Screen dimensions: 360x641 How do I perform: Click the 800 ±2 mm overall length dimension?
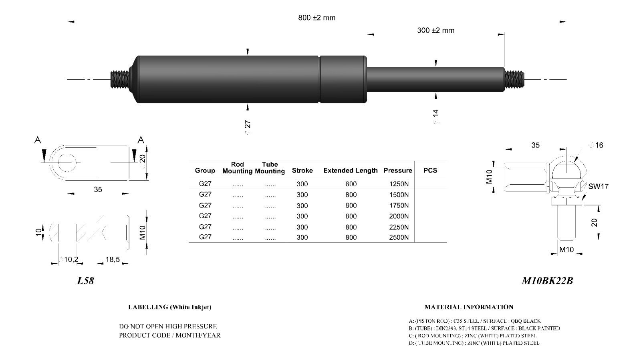316,18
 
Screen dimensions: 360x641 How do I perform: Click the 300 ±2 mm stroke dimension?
435,30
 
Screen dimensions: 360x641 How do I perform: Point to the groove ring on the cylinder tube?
320,79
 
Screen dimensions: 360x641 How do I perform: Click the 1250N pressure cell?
399,184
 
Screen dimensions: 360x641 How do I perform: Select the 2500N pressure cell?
399,237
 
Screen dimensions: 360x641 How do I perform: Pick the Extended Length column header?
350,170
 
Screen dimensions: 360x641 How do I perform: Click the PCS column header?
430,170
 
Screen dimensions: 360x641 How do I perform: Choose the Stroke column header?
302,170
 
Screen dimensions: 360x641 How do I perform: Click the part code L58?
85,281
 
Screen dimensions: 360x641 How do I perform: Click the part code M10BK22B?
547,281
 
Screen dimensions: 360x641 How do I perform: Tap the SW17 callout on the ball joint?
598,186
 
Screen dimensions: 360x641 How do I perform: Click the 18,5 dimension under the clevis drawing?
113,259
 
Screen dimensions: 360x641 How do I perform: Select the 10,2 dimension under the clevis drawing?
71,259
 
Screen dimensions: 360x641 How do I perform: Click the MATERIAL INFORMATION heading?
469,307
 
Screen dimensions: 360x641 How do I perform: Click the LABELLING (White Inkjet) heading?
169,307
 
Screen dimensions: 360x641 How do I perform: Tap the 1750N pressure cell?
399,205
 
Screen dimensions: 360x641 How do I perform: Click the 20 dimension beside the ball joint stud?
595,222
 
